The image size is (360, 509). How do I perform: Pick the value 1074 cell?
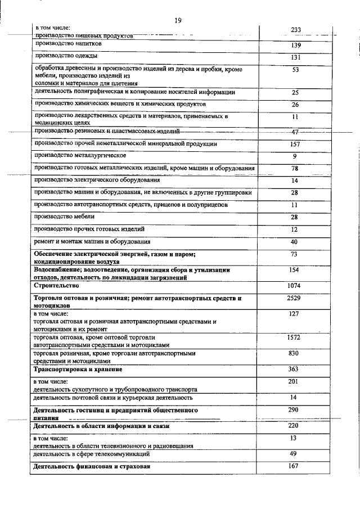(x=294, y=286)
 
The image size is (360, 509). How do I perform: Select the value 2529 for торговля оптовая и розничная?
(x=294, y=298)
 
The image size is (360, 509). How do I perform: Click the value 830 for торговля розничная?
(x=294, y=353)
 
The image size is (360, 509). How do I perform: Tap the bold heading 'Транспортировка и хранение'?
(x=78, y=370)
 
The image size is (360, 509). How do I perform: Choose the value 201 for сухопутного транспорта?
(x=294, y=382)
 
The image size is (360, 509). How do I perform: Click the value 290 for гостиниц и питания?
(x=294, y=411)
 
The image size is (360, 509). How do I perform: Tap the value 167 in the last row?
(x=294, y=466)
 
